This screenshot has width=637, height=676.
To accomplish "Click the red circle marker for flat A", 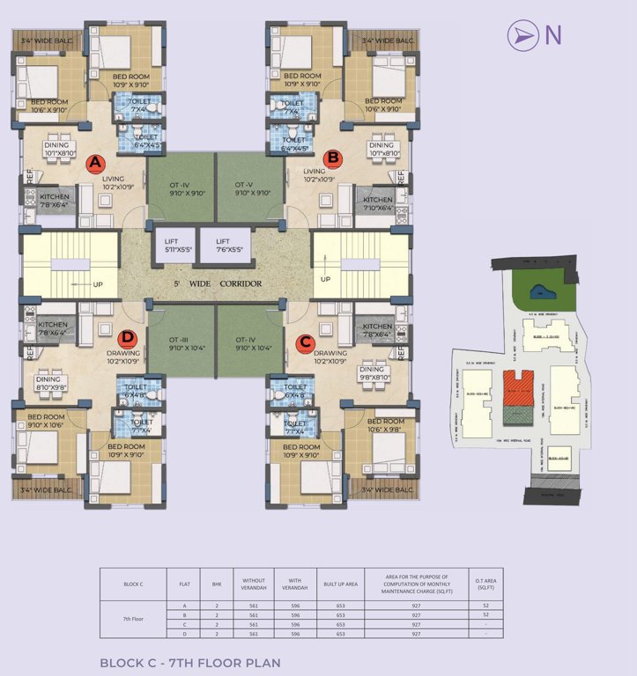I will [95, 163].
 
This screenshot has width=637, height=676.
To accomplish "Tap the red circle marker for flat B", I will [332, 158].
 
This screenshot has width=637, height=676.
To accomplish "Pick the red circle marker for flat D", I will [129, 337].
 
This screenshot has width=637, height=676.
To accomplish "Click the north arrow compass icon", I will [523, 35].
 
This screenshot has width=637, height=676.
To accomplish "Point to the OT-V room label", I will [244, 189].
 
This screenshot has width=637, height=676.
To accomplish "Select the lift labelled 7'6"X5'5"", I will [224, 246].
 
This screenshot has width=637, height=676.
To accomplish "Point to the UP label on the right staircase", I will [325, 279].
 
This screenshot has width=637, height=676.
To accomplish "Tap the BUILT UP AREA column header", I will [337, 584].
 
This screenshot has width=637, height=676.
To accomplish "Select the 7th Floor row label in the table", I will [133, 619].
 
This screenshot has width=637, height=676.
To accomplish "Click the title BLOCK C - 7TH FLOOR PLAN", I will [189, 662].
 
